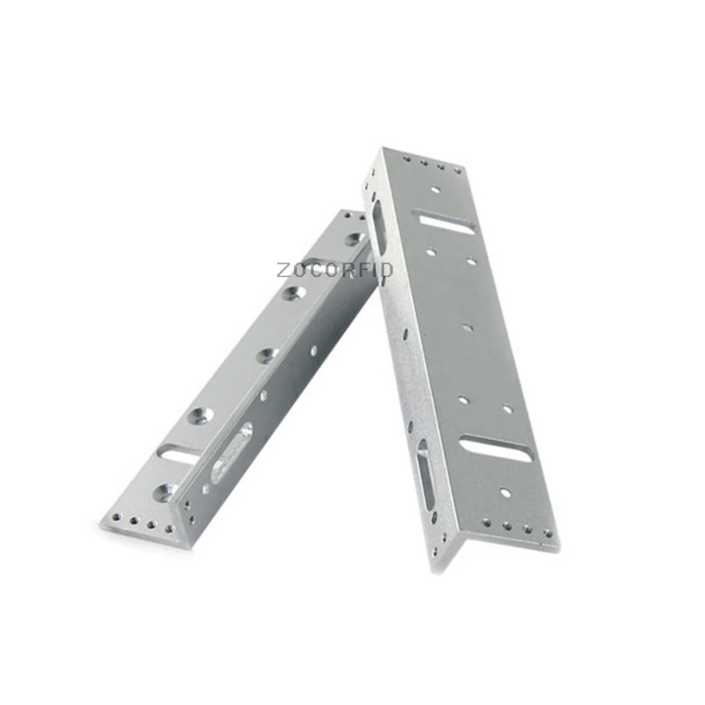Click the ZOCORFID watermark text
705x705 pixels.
tap(335, 270)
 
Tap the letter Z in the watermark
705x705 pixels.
tap(283, 270)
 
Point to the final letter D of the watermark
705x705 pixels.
tap(388, 270)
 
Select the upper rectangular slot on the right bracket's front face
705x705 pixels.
tap(448, 223)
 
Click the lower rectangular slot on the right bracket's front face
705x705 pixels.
tap(496, 448)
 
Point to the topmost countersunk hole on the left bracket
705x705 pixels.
tap(355, 238)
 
